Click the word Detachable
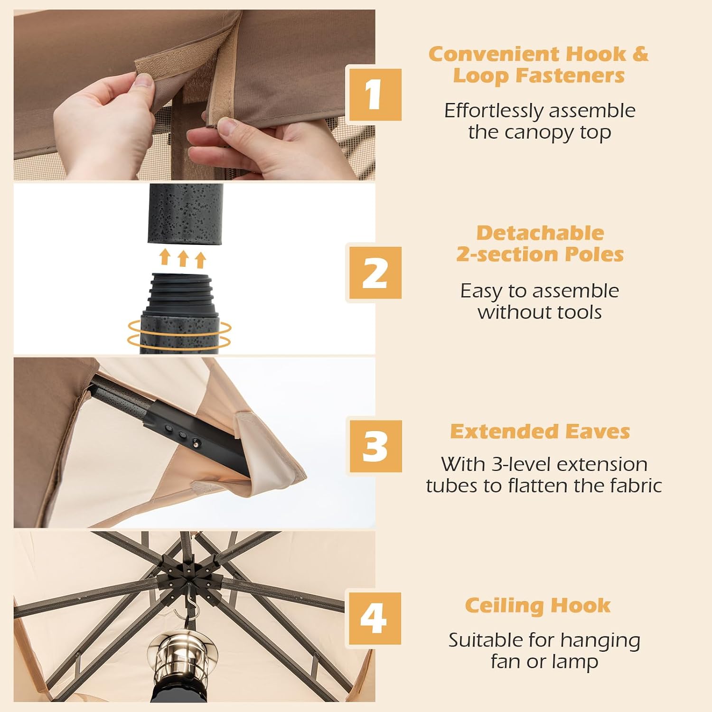coord(540,233)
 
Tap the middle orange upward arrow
coord(183,259)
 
